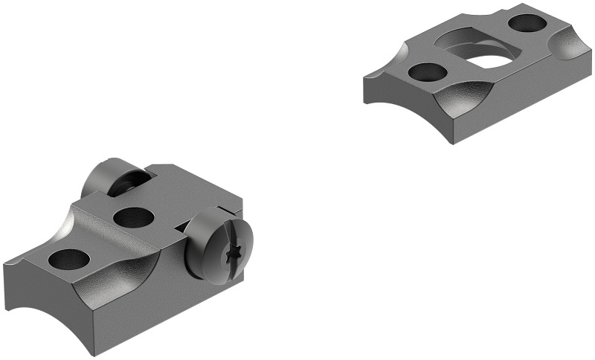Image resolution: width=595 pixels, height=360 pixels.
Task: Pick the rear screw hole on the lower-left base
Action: (x=134, y=217)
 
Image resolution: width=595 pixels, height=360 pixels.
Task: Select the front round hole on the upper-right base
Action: (x=427, y=73)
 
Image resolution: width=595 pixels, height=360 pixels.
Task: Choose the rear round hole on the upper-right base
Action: (x=527, y=24)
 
